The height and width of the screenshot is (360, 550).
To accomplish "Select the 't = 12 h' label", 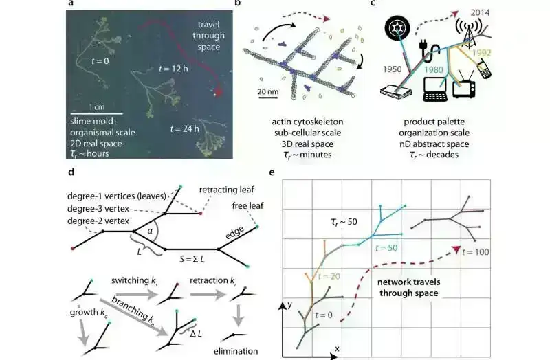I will (173, 69).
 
